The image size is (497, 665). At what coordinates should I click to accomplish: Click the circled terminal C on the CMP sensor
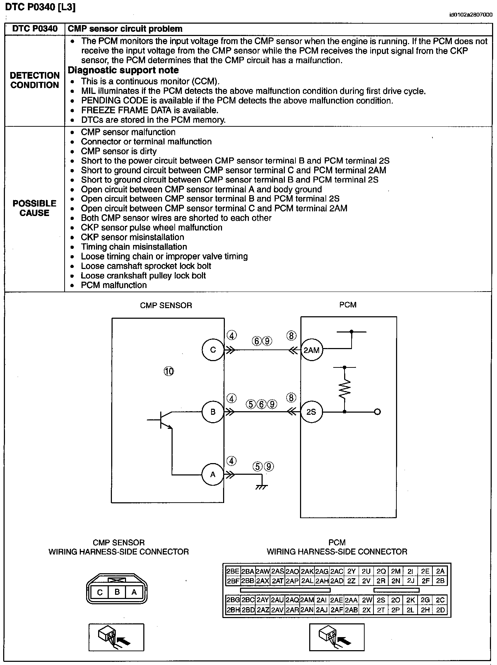tap(213, 350)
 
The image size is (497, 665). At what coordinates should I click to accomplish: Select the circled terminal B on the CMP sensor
tap(213, 412)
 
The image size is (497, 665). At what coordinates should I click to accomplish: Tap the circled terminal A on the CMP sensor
tap(212, 474)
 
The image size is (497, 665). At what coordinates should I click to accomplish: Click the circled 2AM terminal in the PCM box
tap(311, 350)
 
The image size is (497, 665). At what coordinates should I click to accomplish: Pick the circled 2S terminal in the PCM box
tap(311, 412)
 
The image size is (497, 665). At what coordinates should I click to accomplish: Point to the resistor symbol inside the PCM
tap(345, 388)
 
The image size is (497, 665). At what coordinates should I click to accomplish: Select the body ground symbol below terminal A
tap(262, 487)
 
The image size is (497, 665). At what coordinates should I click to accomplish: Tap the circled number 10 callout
tap(169, 371)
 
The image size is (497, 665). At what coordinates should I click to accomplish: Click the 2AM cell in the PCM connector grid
tap(307, 600)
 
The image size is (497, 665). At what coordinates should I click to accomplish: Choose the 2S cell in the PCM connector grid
tap(381, 600)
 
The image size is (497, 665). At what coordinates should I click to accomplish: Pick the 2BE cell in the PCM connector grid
tap(233, 571)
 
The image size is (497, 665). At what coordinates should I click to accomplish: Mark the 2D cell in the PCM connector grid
tap(440, 610)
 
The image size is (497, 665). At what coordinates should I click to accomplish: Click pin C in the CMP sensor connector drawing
tap(100, 592)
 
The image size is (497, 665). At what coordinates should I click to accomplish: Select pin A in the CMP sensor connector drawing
tap(134, 592)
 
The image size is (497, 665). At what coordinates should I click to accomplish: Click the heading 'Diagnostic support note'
tap(123, 70)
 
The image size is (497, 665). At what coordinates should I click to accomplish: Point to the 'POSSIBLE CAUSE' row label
tap(34, 208)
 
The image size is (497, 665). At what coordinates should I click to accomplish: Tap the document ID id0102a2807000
tap(471, 15)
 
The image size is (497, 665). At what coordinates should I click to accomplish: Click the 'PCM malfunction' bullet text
tap(114, 285)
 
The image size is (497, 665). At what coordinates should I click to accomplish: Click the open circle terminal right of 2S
tap(377, 412)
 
